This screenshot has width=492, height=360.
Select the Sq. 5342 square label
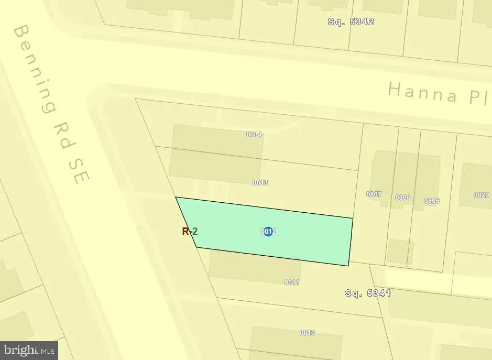(x=351, y=21)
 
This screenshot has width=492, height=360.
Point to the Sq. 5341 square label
(x=368, y=293)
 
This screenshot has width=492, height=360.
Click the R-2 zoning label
(x=190, y=231)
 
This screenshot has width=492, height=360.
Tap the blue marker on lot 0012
(x=268, y=231)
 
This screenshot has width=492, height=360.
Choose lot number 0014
(x=254, y=134)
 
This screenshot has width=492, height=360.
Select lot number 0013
(x=260, y=182)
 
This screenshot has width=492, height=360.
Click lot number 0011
(x=292, y=282)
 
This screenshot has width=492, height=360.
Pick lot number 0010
(x=307, y=333)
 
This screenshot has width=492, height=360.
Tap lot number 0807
(x=374, y=194)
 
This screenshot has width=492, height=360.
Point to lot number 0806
(x=402, y=198)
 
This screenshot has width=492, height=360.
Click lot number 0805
(x=432, y=201)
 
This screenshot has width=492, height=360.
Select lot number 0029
(x=481, y=195)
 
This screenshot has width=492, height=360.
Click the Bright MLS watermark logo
(x=29, y=350)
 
